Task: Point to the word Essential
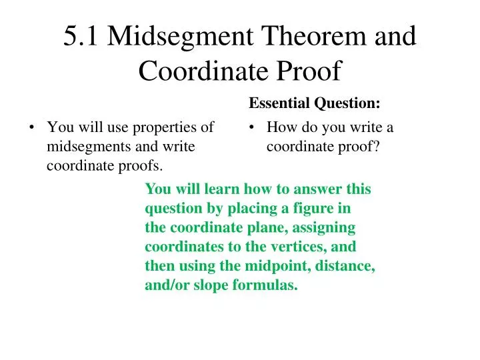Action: [276, 103]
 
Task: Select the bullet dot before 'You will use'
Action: [32, 127]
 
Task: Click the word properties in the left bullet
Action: [173, 127]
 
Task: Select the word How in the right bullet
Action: [280, 127]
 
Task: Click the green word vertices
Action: [299, 247]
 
